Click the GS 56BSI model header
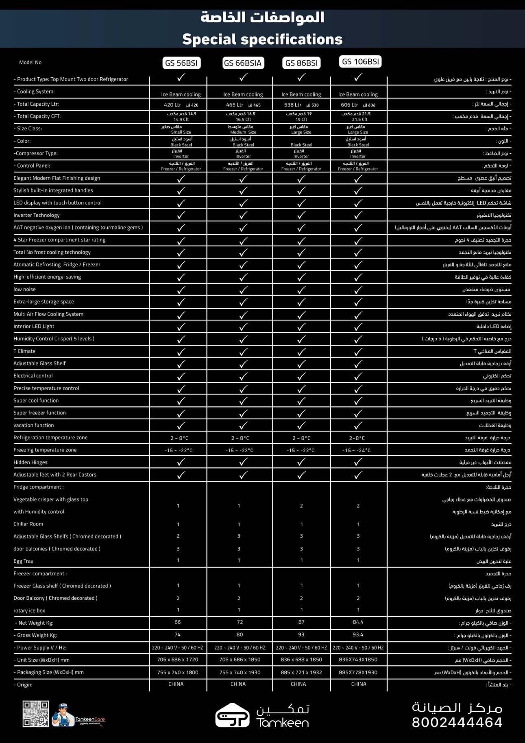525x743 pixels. coord(181,63)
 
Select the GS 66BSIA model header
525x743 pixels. coord(243,63)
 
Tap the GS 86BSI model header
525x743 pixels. coord(301,63)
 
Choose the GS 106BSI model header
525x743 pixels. coord(360,62)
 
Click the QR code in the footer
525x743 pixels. coord(36,714)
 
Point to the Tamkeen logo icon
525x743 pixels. coord(232,715)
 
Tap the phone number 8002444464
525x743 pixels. coord(457,722)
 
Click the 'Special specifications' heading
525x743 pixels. coord(262,39)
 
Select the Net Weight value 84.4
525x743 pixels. coord(358,622)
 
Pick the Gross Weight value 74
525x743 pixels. coord(178,634)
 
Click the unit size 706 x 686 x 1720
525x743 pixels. coord(178,660)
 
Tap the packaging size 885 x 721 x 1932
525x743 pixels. coord(301,672)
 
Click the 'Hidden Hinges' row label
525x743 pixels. coord(30,462)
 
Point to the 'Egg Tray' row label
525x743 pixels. coord(23,561)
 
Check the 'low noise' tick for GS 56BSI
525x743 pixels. coord(181,290)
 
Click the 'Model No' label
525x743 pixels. coord(30,63)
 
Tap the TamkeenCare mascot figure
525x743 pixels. coord(63,715)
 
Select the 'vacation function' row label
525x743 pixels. coord(34,425)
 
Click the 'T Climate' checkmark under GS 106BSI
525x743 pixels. coord(358,351)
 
